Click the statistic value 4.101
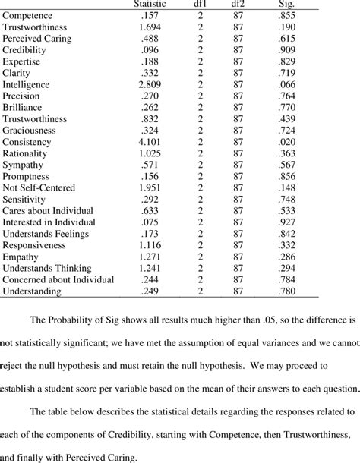point(150,142)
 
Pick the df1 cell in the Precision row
point(202,96)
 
